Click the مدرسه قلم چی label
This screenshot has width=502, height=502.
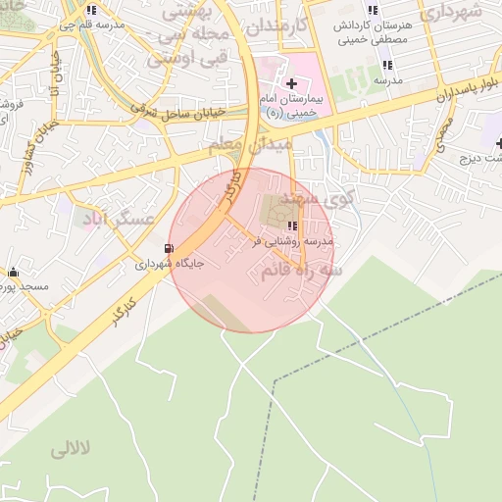(x=98, y=25)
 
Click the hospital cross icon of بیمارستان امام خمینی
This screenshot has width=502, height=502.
(x=291, y=84)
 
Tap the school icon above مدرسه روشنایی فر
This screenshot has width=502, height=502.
(x=292, y=226)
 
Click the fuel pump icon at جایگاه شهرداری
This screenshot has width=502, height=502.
(x=171, y=248)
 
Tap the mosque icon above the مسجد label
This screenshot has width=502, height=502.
(x=13, y=272)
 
